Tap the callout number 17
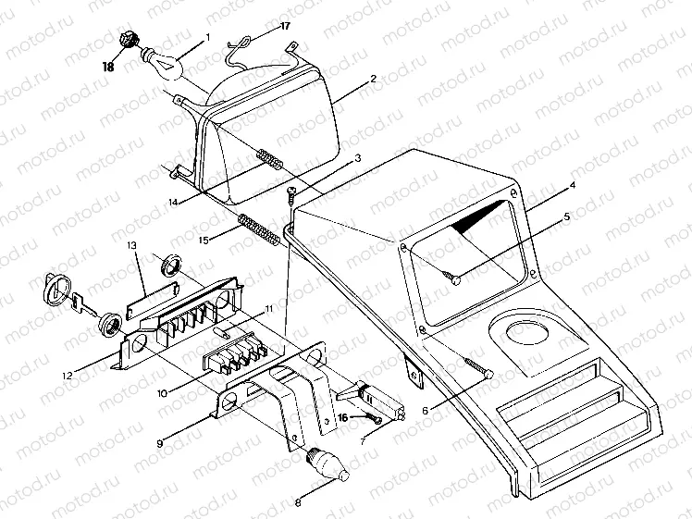(284, 26)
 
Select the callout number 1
(208, 38)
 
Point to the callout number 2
(373, 80)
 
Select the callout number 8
(297, 504)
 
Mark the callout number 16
(343, 419)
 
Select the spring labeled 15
(258, 229)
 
